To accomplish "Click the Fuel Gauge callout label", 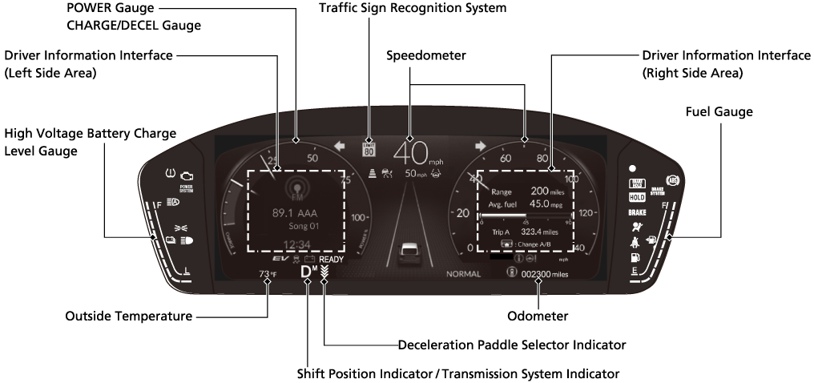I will pos(719,112).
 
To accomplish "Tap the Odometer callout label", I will pos(538,316).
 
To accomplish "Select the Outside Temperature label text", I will pos(128,316).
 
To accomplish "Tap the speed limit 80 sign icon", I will pos(369,147).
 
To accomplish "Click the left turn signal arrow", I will pos(340,147).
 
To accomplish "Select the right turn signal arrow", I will pos(481,147).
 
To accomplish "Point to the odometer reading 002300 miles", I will pos(544,274).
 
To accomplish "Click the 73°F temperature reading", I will pos(268,275).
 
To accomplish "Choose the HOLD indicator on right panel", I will pos(638,197).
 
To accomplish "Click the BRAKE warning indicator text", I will pos(638,212).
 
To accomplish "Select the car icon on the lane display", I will pos(409,252).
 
